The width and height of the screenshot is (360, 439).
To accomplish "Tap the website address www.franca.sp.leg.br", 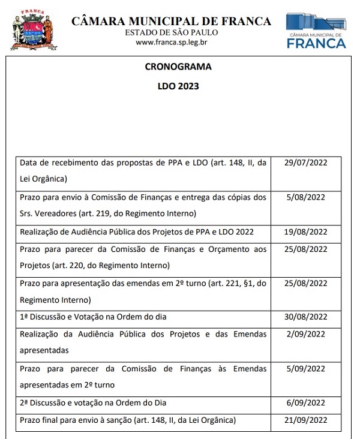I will pos(172,42).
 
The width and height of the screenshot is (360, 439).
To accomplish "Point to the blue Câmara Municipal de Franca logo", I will pos(316,30).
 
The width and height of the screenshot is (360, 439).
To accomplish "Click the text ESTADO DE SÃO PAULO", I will pos(172,32).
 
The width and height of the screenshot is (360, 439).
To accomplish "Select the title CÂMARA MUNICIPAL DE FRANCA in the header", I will pos(172,21).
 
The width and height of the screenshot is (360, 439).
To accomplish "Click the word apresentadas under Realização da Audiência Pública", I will pos(44,350).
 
